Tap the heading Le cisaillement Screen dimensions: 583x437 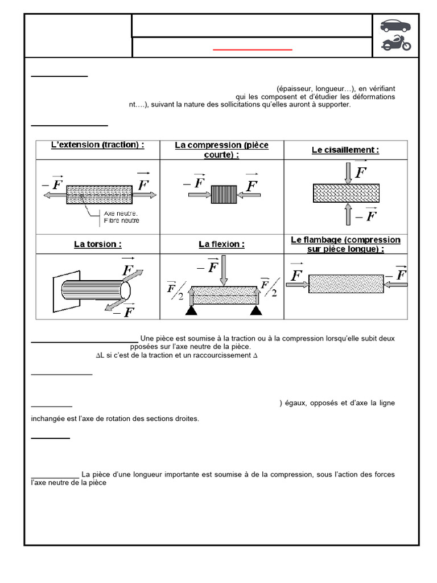pyautogui.click(x=345, y=150)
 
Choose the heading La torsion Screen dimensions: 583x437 pyautogui.click(x=97, y=244)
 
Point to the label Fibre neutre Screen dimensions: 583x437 pyautogui.click(x=121, y=220)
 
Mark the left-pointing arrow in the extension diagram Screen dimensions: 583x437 pyautogui.click(x=54, y=195)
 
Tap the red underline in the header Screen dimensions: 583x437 pyautogui.click(x=253, y=50)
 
